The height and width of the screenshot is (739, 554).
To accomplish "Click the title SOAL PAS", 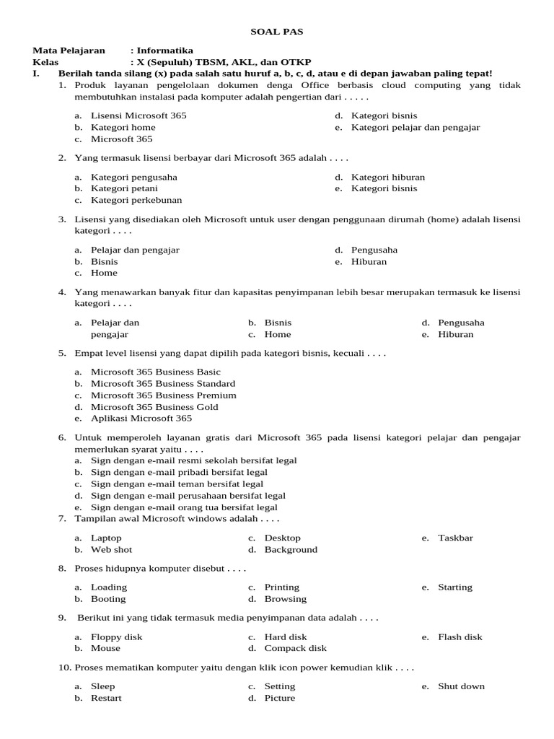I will pos(277,32).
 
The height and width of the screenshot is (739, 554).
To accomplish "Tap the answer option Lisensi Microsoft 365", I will pos(138,115).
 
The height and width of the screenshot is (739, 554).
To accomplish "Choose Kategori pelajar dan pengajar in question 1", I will pos(415,127).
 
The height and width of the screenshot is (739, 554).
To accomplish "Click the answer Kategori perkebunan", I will pos(136,200).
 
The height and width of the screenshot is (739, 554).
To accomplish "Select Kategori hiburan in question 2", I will pos(388,177).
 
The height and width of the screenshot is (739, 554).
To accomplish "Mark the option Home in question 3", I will pos(104,273).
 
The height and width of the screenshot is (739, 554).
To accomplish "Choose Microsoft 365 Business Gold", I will pos(154,406).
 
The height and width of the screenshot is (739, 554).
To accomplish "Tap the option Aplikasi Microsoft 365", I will pos(141,418).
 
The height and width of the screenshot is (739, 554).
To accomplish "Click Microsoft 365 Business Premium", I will pos(163,395).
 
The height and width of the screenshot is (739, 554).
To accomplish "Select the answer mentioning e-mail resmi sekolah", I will pos(193,460).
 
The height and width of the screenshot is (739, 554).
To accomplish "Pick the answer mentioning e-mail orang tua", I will pos(184,507).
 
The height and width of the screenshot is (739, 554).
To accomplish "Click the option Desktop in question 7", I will pos(283,538).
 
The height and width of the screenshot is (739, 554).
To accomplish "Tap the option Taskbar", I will pos(456,538).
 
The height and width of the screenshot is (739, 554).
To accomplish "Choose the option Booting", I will pos(108,599).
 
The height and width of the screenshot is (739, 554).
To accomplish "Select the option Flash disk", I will pos(460,637).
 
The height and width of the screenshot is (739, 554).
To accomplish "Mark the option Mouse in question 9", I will pos(106,648).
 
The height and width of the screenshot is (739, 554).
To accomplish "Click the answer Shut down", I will pos(462,686).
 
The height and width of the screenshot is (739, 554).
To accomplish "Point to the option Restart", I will pos(106,698).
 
